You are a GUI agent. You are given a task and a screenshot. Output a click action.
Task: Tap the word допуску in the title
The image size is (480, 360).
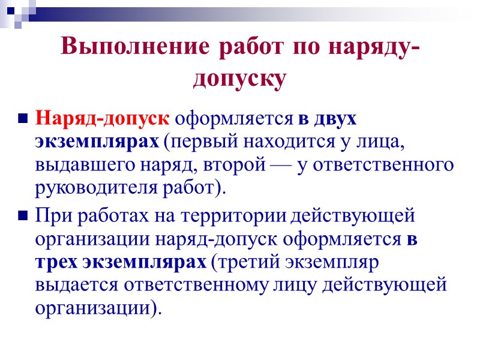coord(239,79)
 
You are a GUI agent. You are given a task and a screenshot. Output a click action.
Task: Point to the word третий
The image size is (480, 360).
coord(250,262)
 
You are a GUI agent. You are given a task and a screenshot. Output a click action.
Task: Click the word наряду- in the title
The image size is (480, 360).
coord(370,46)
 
